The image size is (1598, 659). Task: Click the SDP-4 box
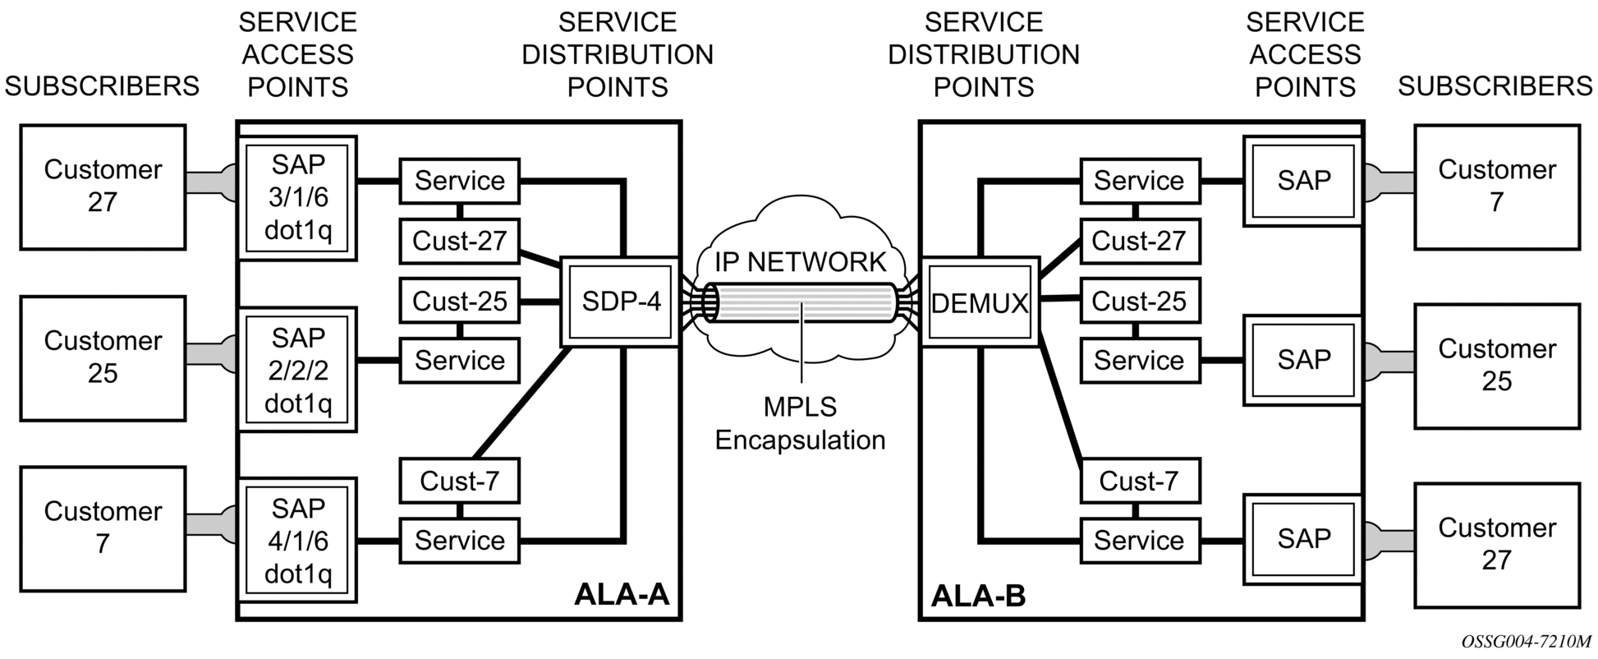coord(621,302)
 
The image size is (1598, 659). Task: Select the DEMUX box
coord(980,303)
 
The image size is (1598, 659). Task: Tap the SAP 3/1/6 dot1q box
coord(297,198)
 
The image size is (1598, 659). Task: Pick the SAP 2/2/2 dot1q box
coord(297,370)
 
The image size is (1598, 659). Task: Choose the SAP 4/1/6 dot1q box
coord(297,541)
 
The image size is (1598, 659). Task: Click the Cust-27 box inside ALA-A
coord(459,241)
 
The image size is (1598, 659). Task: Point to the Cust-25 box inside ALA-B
coord(1140,302)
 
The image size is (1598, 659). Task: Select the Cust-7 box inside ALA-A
coord(459,481)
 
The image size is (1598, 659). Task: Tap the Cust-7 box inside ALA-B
coord(1140,481)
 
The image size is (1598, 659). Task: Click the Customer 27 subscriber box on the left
coord(103,187)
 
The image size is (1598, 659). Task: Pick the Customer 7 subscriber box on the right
coord(1496,187)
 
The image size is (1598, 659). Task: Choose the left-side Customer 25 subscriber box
coord(103,358)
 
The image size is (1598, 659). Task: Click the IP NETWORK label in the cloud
coord(800,262)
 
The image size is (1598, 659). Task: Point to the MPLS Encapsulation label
coord(800,424)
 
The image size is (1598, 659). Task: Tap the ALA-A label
coord(622,593)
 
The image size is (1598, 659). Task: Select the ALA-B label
coord(978,595)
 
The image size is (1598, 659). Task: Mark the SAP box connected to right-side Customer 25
coord(1303,360)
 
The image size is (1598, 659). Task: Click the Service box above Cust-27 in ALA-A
coord(459,181)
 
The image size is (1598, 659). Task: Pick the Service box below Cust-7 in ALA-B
coord(1140,541)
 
